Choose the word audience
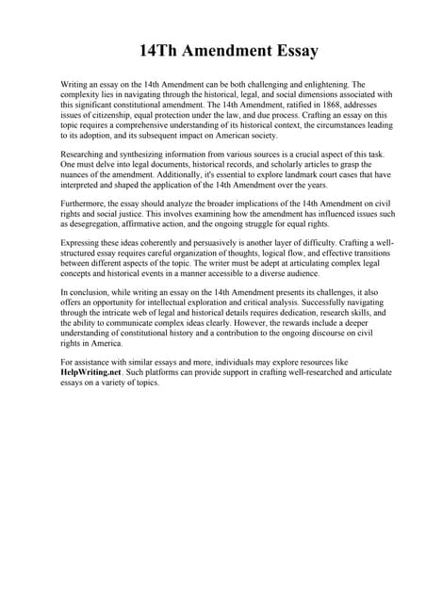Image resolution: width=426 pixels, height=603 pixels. pyautogui.click(x=300, y=275)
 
